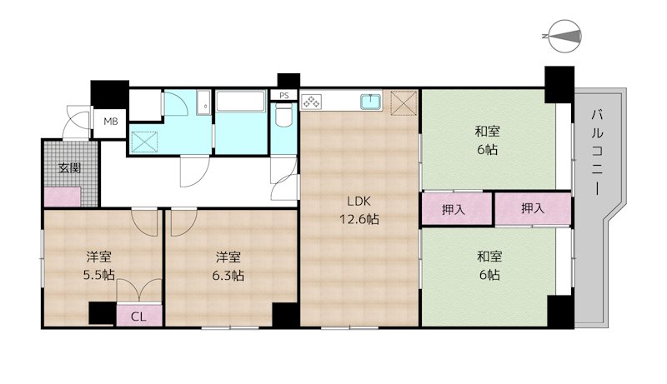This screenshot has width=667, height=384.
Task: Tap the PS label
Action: [284, 96]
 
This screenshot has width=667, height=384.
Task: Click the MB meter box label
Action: [111, 122]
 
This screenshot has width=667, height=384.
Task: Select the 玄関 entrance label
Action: [69, 168]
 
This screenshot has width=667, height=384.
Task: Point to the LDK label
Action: [359, 201]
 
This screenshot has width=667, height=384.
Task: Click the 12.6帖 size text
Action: [359, 219]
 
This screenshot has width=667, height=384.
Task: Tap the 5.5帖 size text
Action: [98, 275]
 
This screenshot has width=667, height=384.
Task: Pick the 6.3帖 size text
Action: [228, 275]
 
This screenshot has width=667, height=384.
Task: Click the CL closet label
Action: [138, 317]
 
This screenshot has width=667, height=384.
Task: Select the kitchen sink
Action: [370, 102]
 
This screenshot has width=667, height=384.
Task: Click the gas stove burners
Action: [311, 102]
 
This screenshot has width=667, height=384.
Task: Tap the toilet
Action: [283, 116]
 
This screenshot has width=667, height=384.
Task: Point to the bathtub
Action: [241, 101]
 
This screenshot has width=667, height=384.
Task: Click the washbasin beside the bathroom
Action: [203, 102]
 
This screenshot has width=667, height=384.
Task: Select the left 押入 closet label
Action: [453, 209]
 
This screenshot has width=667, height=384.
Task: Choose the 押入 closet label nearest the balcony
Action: [533, 208]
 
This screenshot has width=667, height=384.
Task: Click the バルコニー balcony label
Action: [597, 153]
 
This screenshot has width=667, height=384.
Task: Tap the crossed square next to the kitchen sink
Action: [404, 102]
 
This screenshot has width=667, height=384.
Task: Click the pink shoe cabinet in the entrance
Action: [63, 197]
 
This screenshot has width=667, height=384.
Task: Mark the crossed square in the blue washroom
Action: [144, 142]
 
